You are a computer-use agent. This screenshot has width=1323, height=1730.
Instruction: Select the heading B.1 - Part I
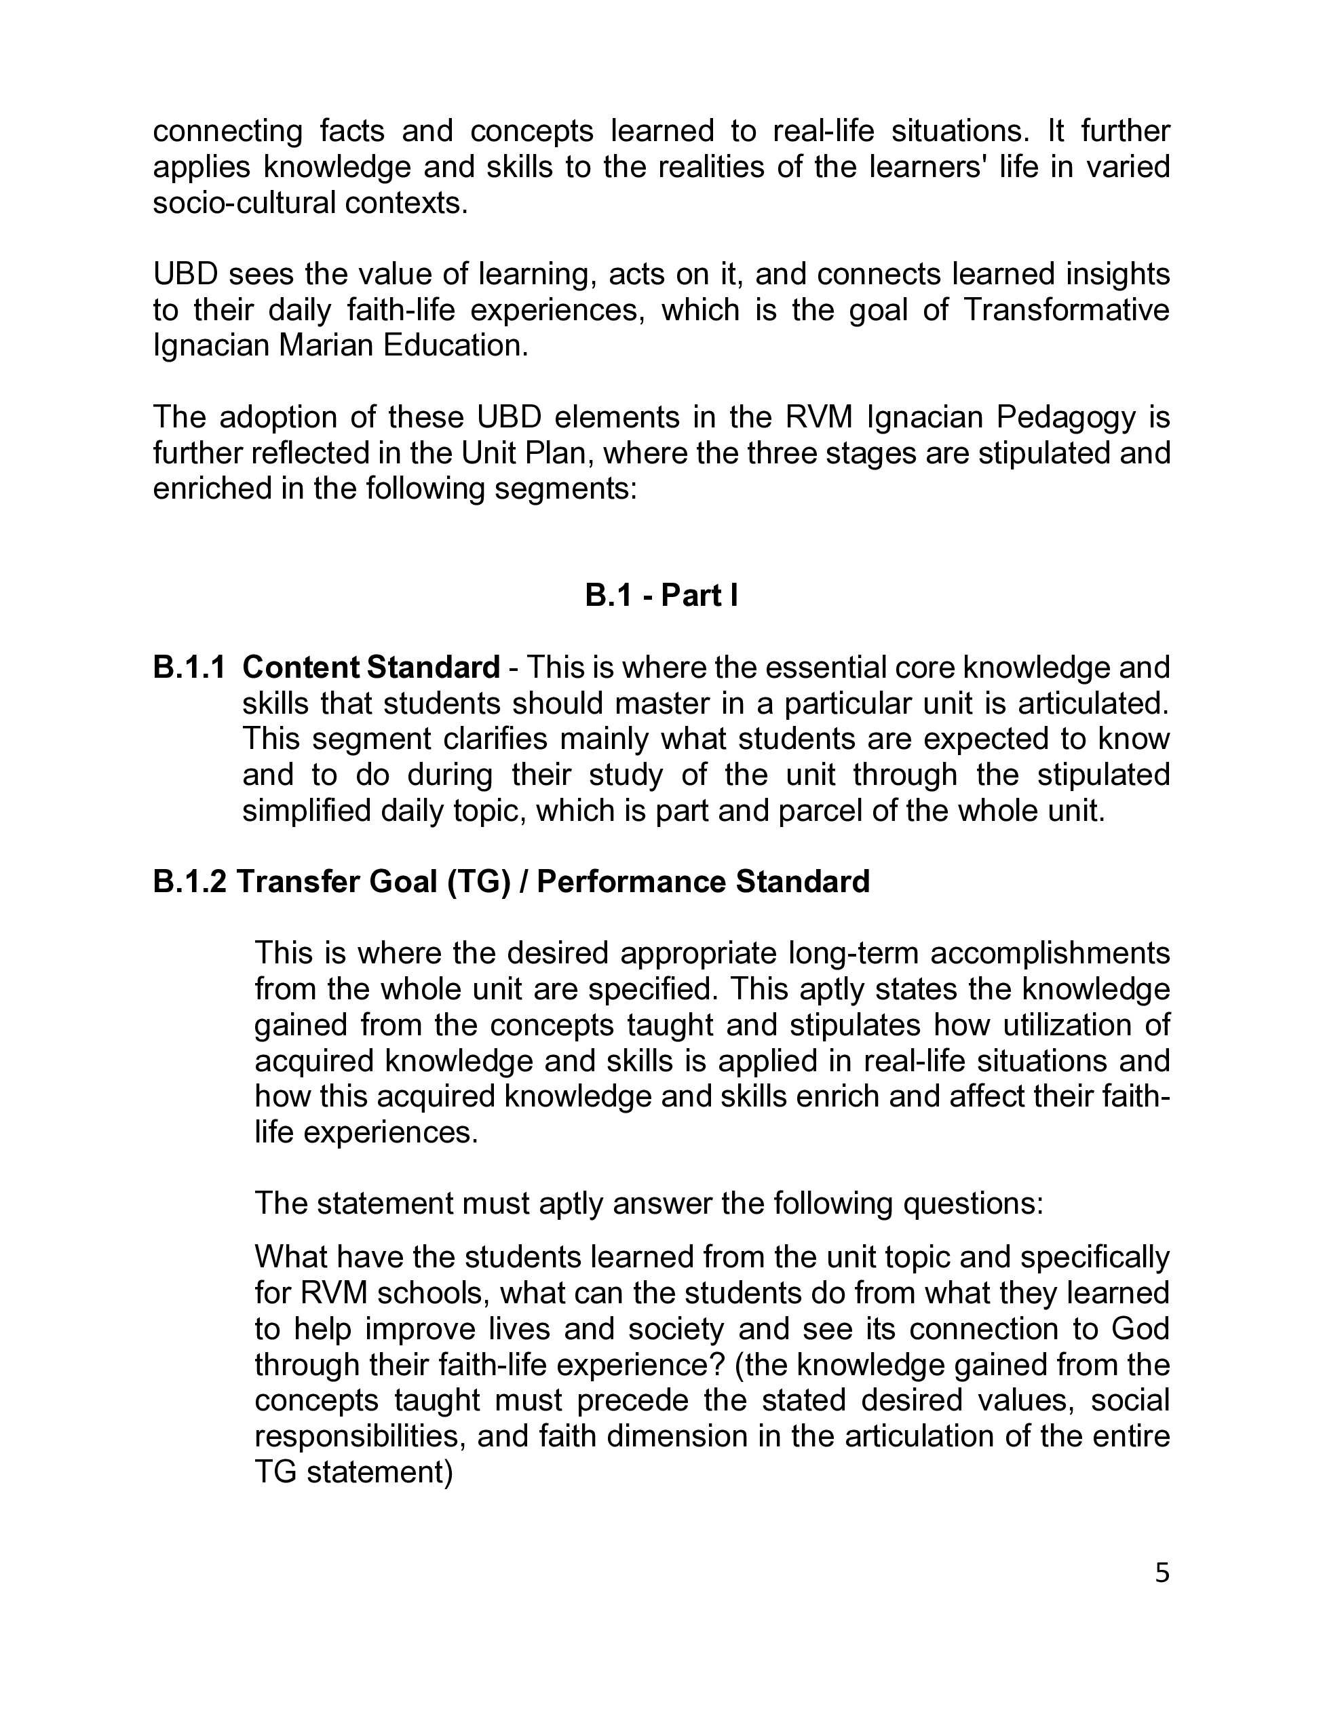661,595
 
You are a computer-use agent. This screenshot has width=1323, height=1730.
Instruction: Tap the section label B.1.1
189,667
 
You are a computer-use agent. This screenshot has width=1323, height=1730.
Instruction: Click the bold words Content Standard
371,667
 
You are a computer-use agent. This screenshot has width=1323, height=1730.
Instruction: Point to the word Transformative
1067,309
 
